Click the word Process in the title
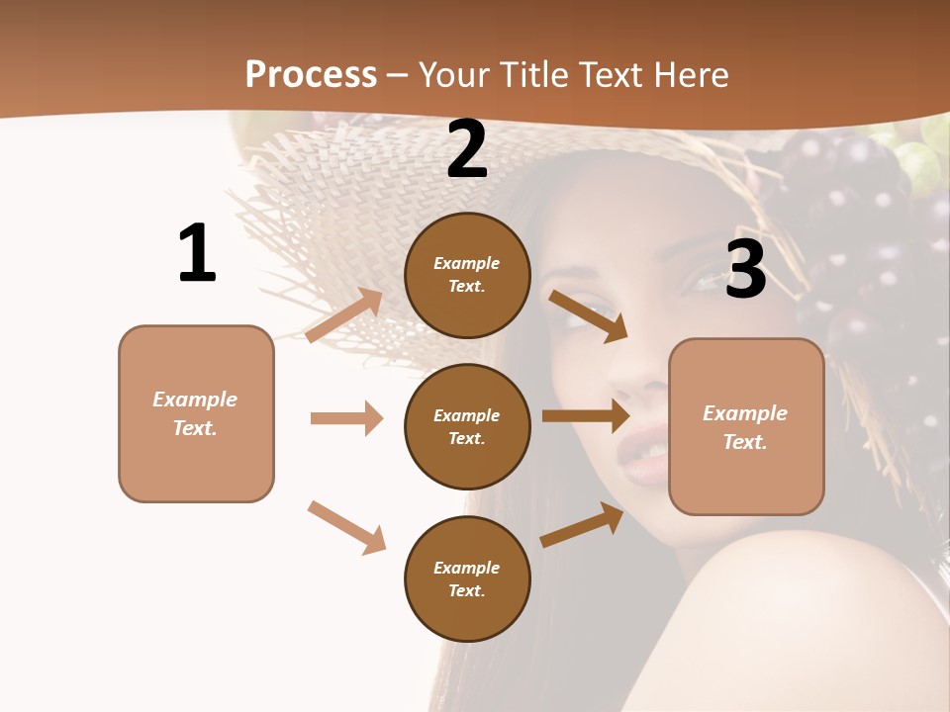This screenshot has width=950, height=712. (x=311, y=74)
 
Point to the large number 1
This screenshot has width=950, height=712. (x=197, y=253)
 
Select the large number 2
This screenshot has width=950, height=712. (x=467, y=149)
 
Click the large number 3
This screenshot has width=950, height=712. (x=745, y=268)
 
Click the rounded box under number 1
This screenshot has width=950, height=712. (x=196, y=413)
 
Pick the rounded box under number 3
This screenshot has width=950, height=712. (x=746, y=426)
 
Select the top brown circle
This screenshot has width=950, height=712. (x=468, y=275)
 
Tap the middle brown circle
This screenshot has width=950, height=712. (x=468, y=426)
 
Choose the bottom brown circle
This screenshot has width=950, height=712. (x=468, y=578)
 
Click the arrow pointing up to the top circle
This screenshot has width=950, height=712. (x=344, y=314)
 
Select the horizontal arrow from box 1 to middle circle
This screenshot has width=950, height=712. (x=346, y=418)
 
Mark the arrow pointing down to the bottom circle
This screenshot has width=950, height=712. (x=346, y=527)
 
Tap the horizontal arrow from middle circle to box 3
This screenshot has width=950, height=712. (x=586, y=415)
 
